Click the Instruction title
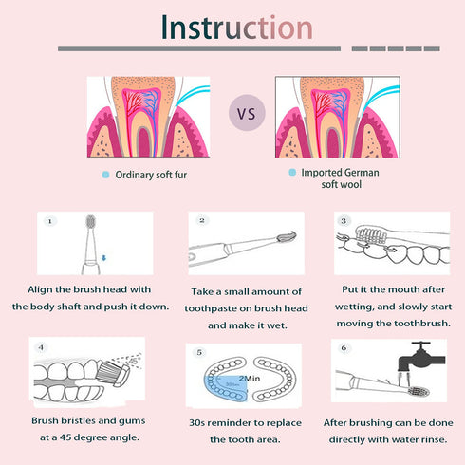(x=237, y=28)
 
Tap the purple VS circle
(x=247, y=113)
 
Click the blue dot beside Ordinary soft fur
(x=105, y=175)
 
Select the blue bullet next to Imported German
(x=292, y=172)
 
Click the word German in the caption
(x=362, y=173)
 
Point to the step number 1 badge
(x=49, y=221)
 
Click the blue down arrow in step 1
(x=103, y=258)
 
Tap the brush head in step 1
(x=91, y=221)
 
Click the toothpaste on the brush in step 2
(x=288, y=236)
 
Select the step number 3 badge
(x=344, y=221)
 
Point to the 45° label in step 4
(x=135, y=361)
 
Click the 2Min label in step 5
(x=250, y=379)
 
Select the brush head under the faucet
(x=418, y=391)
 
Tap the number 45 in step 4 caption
(x=65, y=437)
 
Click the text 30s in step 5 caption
(x=196, y=422)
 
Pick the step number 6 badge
(x=344, y=348)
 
